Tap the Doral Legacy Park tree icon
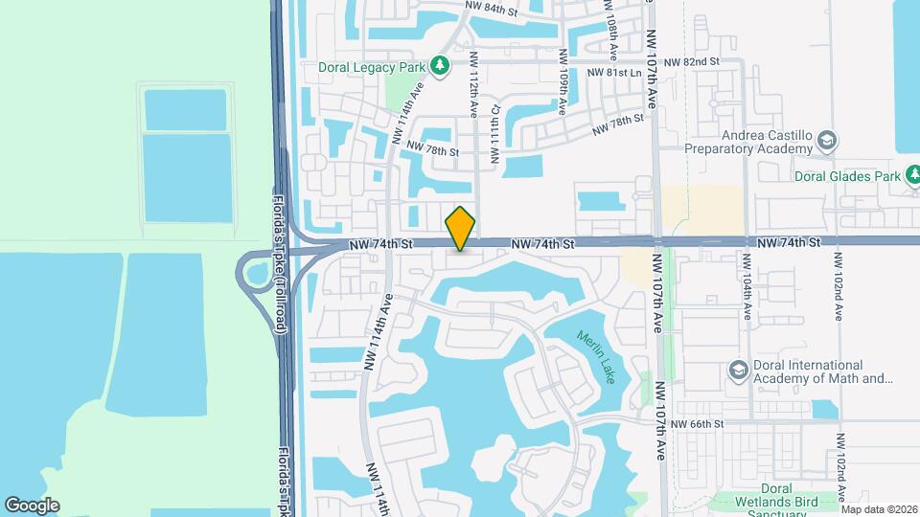pos(440,65)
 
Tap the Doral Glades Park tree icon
pos(915,175)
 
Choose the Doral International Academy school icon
pos(738,370)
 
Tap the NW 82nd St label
pos(692,61)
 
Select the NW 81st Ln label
pos(613,73)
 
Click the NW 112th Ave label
pos(472,82)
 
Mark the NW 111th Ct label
pos(495,134)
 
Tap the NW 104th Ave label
pos(747,285)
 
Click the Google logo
pos(32,505)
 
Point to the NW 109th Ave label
pos(562,81)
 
